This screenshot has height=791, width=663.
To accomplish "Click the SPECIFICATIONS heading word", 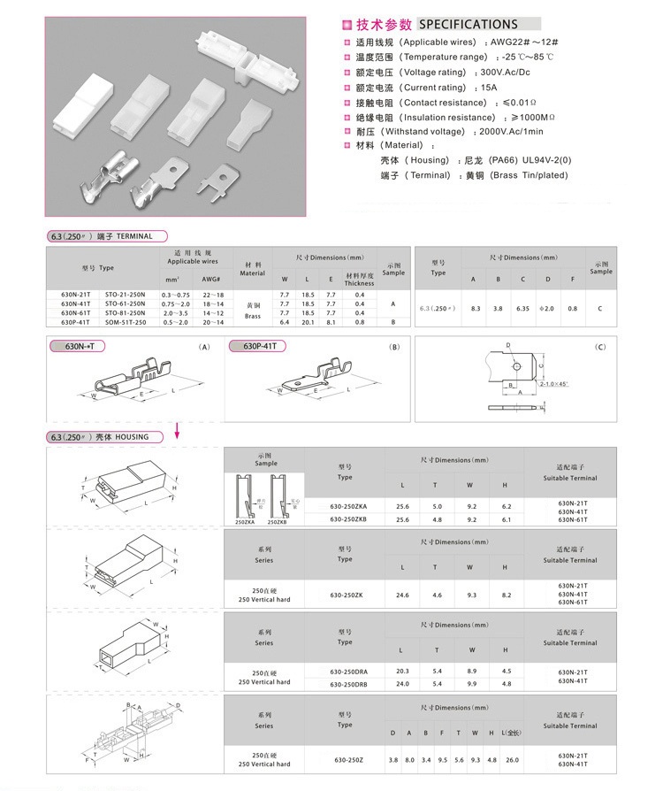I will coord(468,24).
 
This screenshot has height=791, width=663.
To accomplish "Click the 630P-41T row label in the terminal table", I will coord(75,322).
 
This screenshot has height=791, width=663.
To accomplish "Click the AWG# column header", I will coord(211,280).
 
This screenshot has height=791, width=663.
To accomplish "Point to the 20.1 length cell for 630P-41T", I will coord(308,322).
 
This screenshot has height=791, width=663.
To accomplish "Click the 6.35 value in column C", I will coord(522,308).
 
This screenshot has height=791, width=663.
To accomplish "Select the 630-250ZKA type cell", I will coord(344,506).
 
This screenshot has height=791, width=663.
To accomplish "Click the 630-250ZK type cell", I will coord(344,595).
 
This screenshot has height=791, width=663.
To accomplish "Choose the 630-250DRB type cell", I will coord(344,684).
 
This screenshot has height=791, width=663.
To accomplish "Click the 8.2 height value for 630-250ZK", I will coord(506,595).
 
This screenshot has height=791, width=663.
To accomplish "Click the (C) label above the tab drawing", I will coord(600,347).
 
